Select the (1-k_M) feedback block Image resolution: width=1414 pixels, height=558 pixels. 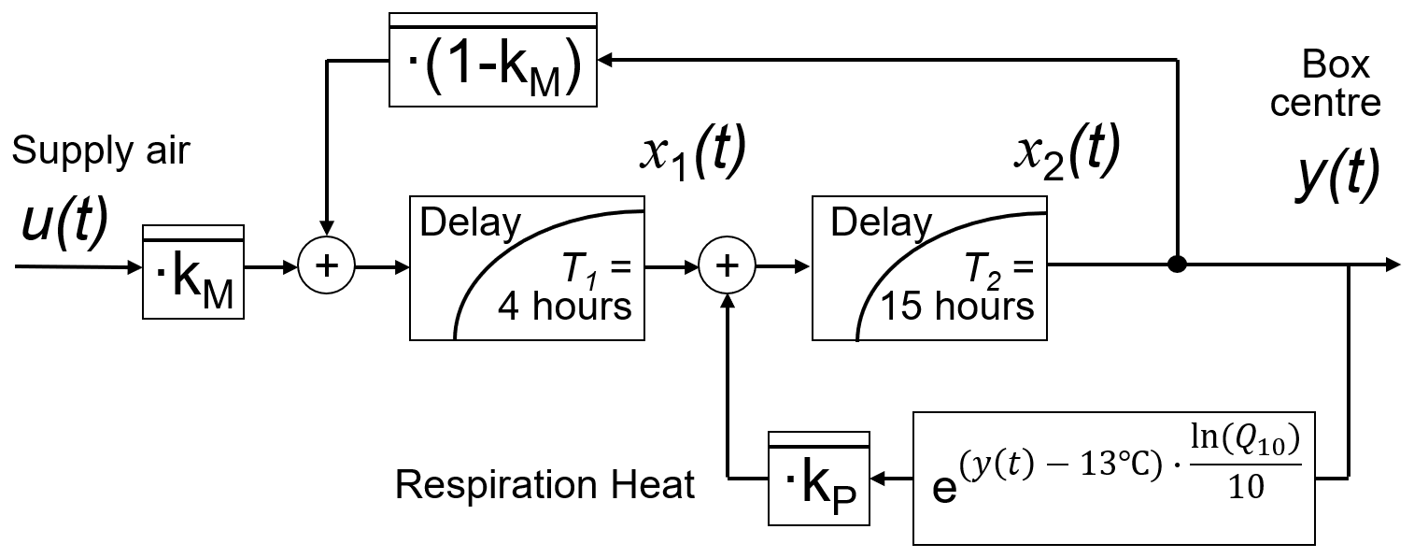coord(492,61)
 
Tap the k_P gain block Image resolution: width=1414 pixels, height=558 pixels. coord(818,479)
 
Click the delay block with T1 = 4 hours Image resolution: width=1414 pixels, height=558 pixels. coord(527,267)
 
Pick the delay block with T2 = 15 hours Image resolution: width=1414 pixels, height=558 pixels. coord(929,267)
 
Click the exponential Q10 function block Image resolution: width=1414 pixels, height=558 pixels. coord(1113,478)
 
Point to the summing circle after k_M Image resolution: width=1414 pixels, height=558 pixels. coord(326,266)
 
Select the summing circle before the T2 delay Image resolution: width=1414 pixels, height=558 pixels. coord(728,266)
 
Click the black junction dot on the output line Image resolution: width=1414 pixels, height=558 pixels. coord(1177,265)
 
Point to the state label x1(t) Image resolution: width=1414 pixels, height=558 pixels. coord(691,154)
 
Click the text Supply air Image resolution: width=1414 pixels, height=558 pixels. coord(101,151)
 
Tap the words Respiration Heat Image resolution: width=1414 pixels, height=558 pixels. coord(544,485)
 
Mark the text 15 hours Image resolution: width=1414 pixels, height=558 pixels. coord(958,307)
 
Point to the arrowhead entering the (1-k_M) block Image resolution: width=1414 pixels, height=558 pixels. coord(604,61)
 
